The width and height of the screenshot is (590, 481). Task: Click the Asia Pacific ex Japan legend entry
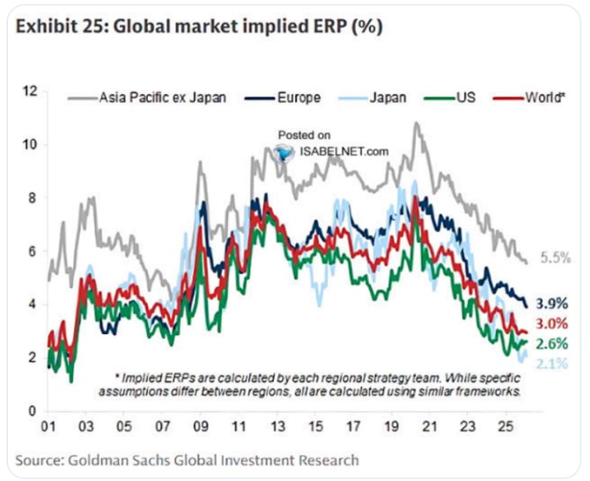tap(147, 98)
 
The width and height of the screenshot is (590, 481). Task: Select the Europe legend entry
tap(283, 98)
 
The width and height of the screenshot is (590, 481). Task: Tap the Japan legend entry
tap(372, 98)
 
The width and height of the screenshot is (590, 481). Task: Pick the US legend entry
tap(450, 98)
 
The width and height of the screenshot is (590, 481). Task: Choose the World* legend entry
tap(529, 98)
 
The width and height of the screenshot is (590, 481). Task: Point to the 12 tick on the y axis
tap(31, 92)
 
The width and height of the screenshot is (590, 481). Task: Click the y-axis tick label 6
tap(33, 251)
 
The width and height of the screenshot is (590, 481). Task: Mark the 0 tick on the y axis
tap(33, 411)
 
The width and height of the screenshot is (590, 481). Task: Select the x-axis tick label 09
tap(201, 426)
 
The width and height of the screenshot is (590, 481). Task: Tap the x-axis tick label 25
tap(505, 426)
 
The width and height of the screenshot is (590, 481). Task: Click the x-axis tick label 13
tap(277, 426)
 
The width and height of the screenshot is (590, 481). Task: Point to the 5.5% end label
tap(556, 258)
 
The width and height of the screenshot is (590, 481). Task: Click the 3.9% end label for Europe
tap(552, 303)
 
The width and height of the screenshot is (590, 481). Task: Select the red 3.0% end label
tap(552, 323)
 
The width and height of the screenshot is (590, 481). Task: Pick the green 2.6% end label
tap(552, 344)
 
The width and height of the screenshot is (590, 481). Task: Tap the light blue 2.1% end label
tap(552, 364)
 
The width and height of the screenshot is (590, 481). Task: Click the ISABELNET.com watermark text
tap(344, 152)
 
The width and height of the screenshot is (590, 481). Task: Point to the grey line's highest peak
tap(416, 122)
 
